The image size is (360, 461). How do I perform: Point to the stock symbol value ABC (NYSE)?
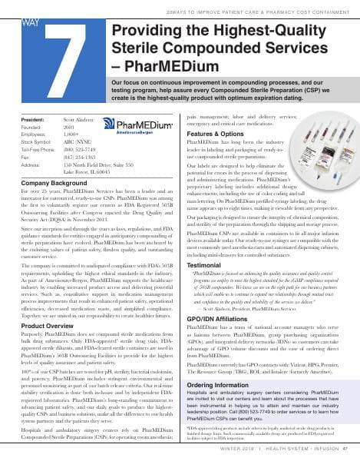77,141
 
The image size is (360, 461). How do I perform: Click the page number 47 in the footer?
346,450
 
